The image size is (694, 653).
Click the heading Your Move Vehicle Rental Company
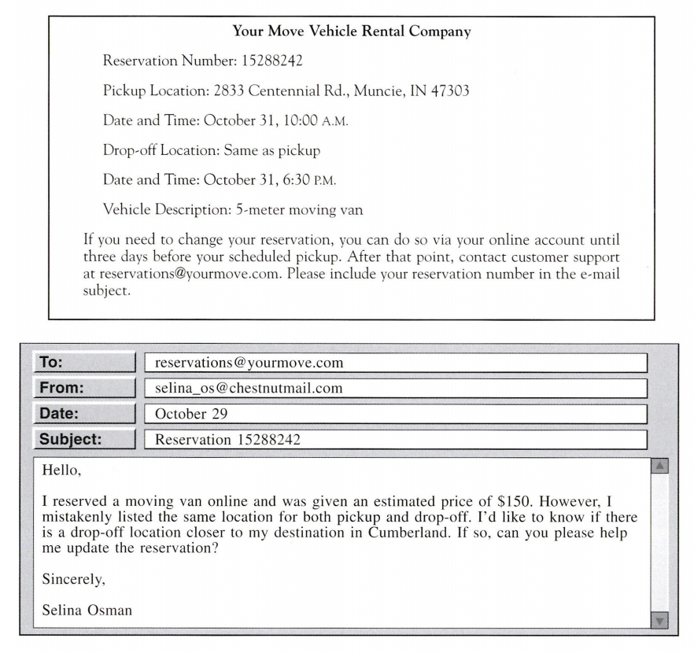coord(352,32)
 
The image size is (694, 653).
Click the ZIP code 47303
coord(451,91)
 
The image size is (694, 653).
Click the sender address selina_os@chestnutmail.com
coord(249,389)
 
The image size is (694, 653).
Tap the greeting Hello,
coord(62,472)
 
